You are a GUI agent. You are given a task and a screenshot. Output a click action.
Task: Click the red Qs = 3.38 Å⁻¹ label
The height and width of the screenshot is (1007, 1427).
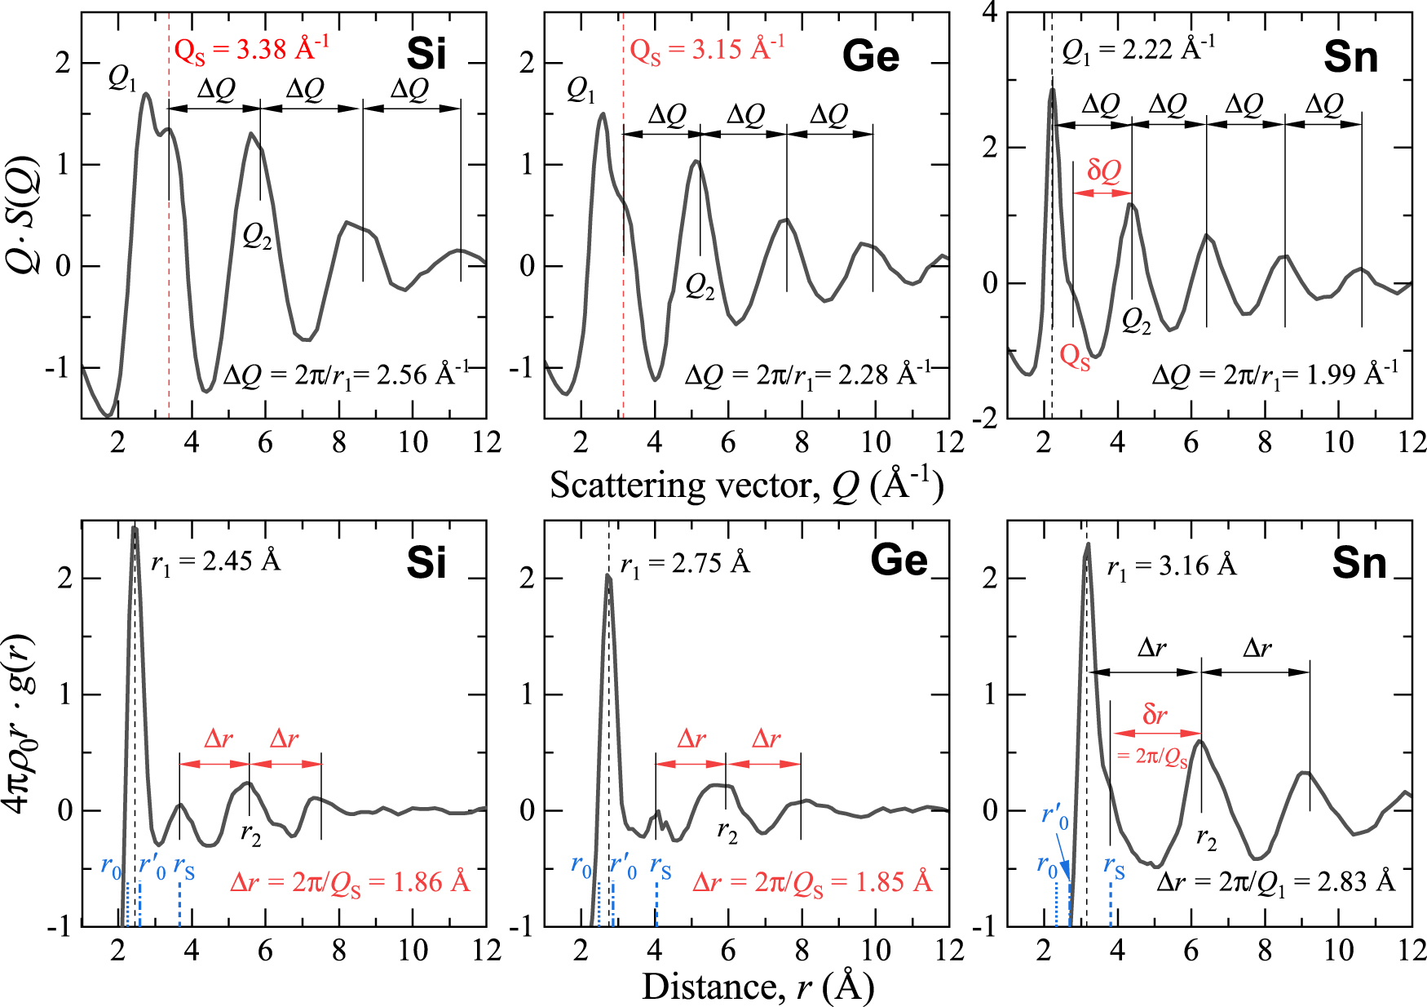(251, 50)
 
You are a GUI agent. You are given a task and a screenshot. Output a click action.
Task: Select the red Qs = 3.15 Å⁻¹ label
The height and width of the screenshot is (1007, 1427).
(706, 50)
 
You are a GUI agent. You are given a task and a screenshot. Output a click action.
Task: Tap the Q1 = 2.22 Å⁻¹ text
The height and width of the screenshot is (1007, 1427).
(1138, 50)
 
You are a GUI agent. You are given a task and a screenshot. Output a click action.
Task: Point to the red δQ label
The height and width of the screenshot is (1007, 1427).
(1104, 171)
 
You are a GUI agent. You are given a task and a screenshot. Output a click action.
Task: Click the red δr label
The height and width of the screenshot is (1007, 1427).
(1154, 716)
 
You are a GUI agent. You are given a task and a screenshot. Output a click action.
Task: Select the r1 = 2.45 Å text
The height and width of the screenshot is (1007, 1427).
(215, 562)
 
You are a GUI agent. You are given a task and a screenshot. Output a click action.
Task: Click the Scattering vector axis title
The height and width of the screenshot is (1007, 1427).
(746, 486)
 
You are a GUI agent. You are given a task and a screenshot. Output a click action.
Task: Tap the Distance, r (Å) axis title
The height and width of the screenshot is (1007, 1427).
(758, 987)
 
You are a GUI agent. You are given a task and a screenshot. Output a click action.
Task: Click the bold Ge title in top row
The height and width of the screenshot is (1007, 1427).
(871, 56)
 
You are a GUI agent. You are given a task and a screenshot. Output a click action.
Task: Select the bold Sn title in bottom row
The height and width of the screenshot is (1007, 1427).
(1359, 563)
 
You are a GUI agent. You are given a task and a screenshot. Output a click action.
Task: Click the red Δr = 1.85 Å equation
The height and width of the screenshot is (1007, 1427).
(811, 883)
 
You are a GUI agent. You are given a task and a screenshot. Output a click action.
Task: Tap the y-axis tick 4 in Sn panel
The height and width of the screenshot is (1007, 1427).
(988, 13)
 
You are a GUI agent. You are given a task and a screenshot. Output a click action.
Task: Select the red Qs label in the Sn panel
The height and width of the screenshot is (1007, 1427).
(1075, 357)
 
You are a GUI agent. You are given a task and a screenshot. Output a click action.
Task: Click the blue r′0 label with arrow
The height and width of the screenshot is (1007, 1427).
(1054, 817)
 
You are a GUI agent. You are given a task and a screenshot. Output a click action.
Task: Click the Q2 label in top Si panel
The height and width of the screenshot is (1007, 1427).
(257, 237)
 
